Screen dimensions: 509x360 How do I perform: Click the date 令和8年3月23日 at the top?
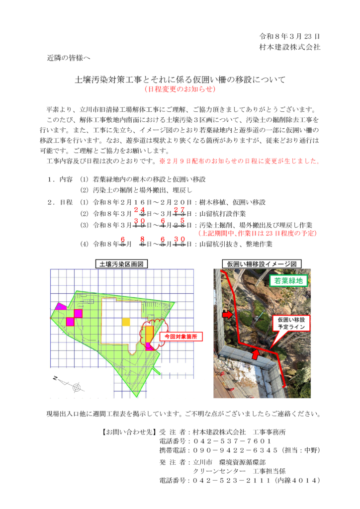point(289,36)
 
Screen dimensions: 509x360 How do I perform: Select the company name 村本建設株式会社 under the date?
point(289,47)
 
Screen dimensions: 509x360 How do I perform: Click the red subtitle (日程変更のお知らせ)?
point(180,89)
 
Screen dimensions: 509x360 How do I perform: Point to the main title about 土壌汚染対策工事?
point(180,79)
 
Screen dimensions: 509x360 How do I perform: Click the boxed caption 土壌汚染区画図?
point(121,264)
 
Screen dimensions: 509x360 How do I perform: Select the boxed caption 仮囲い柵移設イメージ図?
point(262,264)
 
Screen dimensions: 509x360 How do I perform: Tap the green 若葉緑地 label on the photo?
point(289,280)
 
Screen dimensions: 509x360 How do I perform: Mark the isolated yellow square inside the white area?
point(126,322)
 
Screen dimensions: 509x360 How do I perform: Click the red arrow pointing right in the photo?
point(227,315)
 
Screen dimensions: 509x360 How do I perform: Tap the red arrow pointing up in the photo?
point(255,354)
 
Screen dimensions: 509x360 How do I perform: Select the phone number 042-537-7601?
point(232,441)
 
